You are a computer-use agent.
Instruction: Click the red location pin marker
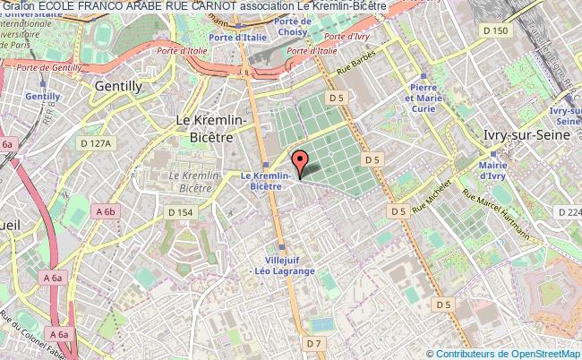pos(301,162)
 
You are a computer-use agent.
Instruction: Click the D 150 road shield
pos(494,30)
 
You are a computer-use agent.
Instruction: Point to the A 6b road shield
pos(105,211)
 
